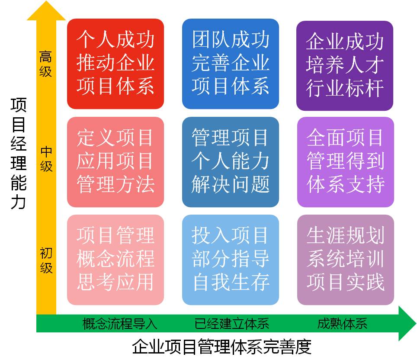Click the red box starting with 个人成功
click(115, 64)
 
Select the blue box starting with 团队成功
click(230, 64)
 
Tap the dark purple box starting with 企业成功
click(345, 66)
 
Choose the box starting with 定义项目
click(115, 162)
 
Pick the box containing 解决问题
click(230, 162)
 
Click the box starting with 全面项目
click(346, 162)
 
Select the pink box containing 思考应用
click(115, 260)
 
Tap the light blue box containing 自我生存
click(230, 260)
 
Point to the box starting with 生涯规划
click(346, 260)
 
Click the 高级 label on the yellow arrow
click(46, 64)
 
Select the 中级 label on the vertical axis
click(46, 159)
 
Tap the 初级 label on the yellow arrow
click(46, 260)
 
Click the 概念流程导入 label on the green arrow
click(120, 324)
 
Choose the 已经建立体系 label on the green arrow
click(231, 324)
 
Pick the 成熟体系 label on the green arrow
click(342, 324)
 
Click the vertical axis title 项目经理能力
click(19, 154)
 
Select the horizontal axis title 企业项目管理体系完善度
click(221, 347)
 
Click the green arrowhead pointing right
click(407, 323)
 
